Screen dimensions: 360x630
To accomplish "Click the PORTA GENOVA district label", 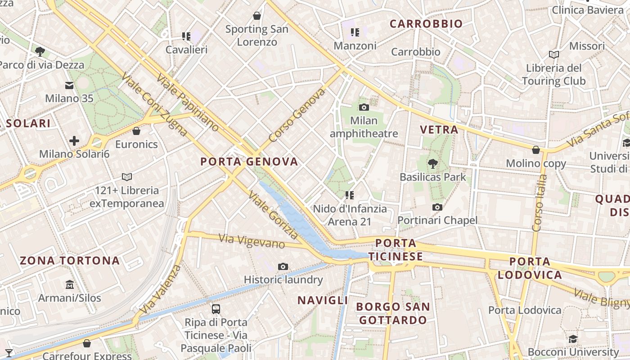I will [249, 162].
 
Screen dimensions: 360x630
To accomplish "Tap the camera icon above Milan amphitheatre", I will [364, 107].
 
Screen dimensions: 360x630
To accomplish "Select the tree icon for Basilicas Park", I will [433, 163].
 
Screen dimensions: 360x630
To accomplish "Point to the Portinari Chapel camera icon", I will [437, 207].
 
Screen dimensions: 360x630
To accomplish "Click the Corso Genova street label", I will [297, 115].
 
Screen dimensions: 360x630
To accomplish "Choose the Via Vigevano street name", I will [252, 241].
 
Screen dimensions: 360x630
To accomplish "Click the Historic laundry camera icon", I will [283, 266].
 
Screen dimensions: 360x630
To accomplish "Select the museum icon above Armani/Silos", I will [70, 285].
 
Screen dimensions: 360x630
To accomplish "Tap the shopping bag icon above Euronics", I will [136, 131].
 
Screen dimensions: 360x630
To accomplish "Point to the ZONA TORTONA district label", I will [70, 261].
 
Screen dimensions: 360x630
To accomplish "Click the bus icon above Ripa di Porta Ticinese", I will [216, 309].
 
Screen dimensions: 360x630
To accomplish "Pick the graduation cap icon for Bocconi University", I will [573, 339].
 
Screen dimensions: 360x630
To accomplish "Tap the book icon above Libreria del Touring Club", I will [554, 55].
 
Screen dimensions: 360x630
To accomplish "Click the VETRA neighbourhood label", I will [439, 130].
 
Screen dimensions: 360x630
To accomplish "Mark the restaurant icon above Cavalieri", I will [186, 36].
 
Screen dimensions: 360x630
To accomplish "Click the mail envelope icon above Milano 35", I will [69, 85].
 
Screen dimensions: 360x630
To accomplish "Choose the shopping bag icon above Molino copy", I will [536, 150].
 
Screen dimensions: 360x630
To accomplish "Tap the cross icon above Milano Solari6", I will [74, 141].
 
